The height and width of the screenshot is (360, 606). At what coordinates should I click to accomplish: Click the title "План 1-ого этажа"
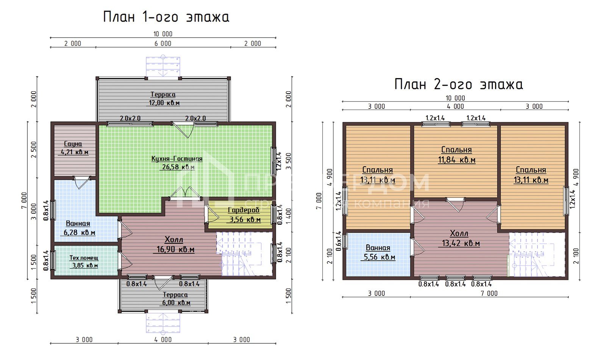coord(166,17)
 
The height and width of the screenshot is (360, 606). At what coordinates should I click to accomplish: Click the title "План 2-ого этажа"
coord(458,84)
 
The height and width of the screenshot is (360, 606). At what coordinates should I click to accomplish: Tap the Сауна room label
coord(73,144)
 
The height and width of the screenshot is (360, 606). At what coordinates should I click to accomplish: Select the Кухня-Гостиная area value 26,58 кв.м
coord(177,167)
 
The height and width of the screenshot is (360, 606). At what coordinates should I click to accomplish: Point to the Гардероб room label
coord(244,210)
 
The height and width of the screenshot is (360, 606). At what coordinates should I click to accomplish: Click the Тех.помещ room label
coord(84,258)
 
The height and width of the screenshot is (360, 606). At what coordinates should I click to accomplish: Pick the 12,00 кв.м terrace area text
coord(164,103)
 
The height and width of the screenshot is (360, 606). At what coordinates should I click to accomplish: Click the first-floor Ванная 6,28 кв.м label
coord(78,224)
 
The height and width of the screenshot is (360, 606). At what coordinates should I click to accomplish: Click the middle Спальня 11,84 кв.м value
coord(456,160)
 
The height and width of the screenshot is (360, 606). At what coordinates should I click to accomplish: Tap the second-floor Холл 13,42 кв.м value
coord(461,243)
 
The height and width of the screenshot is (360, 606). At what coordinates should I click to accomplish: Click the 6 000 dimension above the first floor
coord(163,44)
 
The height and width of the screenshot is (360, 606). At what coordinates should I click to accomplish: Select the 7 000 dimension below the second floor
coord(489,293)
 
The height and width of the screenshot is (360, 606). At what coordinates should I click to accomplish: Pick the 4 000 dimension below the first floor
coord(163,340)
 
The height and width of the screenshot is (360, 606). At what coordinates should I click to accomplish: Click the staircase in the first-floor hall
coord(242,254)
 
